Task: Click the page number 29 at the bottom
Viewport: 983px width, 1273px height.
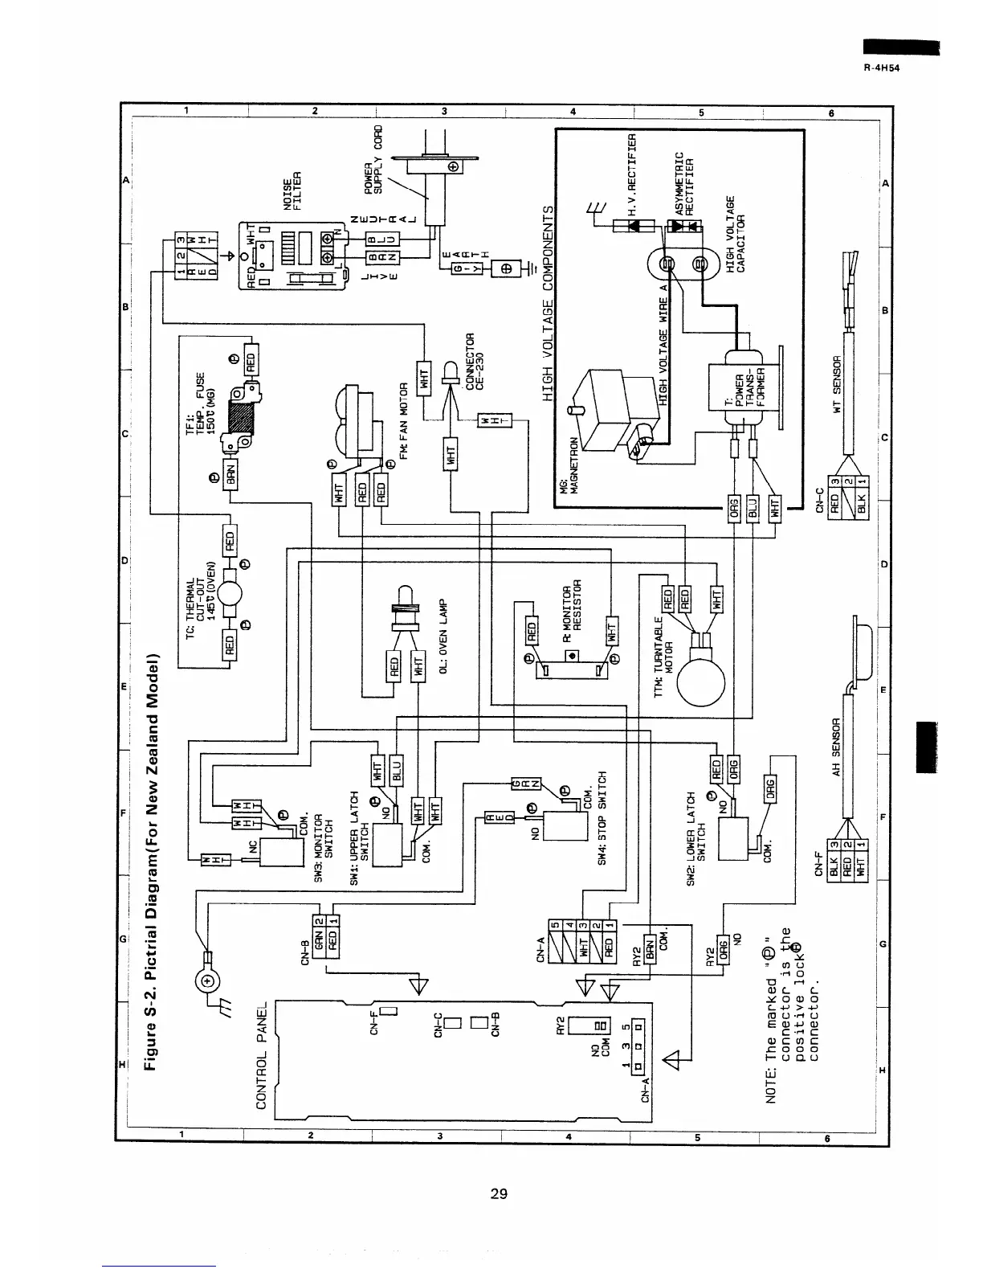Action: coord(498,1193)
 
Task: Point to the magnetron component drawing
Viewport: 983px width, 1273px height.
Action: coord(614,410)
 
